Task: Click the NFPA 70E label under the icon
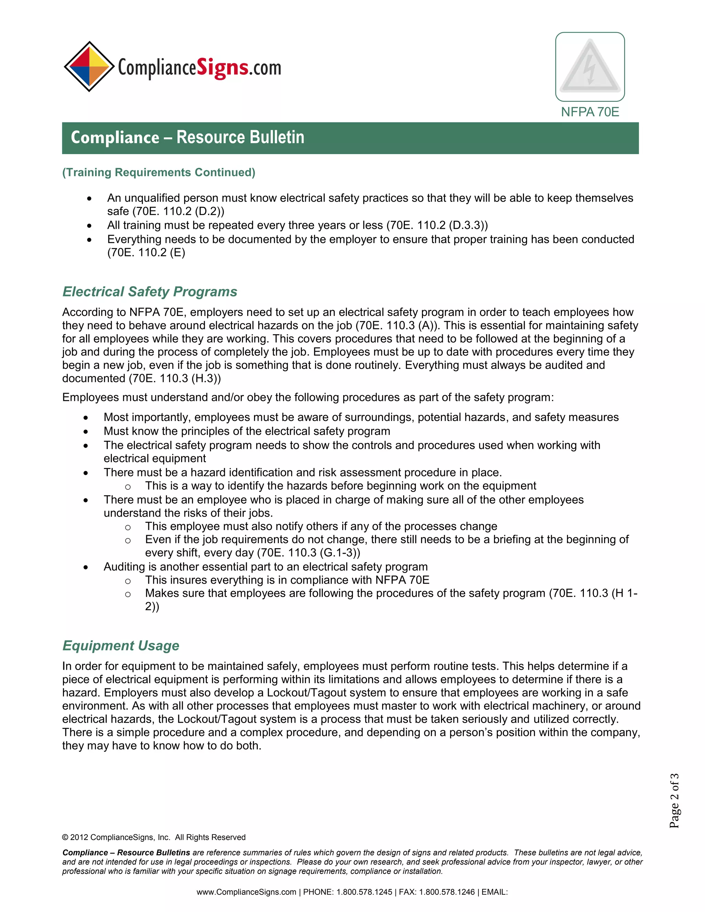[x=590, y=112]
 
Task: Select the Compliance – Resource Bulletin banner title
[x=188, y=137]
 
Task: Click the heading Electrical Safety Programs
[x=149, y=291]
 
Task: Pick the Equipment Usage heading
[x=121, y=646]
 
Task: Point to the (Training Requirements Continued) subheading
[x=159, y=172]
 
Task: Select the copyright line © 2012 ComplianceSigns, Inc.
[x=154, y=837]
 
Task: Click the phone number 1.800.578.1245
[x=364, y=892]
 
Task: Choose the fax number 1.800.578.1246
[x=447, y=892]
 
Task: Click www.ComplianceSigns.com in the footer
[x=246, y=892]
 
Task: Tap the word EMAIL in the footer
[x=494, y=892]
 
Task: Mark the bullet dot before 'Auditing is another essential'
[x=86, y=568]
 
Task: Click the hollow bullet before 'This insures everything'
[x=128, y=581]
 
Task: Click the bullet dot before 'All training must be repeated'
[x=89, y=226]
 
